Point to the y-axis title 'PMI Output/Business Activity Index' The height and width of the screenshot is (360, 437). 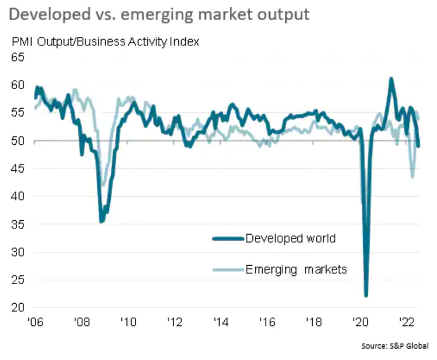104,42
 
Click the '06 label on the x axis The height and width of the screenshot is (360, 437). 35,321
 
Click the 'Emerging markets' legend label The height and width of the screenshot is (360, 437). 296,269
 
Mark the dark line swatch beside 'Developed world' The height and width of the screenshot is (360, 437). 227,239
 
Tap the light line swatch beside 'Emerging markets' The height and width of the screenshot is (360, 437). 227,269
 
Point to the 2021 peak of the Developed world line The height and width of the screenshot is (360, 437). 391,79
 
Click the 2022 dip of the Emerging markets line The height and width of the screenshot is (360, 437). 412,177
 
